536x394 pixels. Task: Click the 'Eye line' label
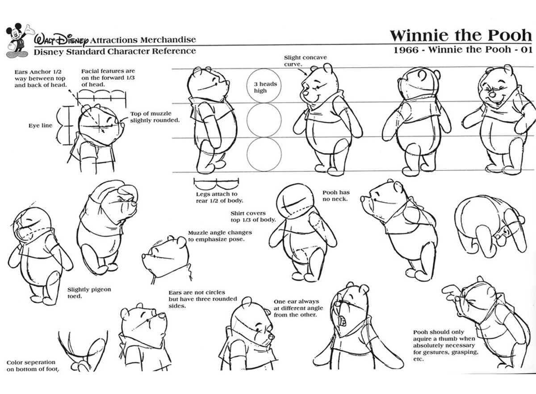[40, 125]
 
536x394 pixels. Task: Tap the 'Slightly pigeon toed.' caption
[89, 292]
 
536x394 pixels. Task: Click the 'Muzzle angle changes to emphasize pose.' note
[220, 236]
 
